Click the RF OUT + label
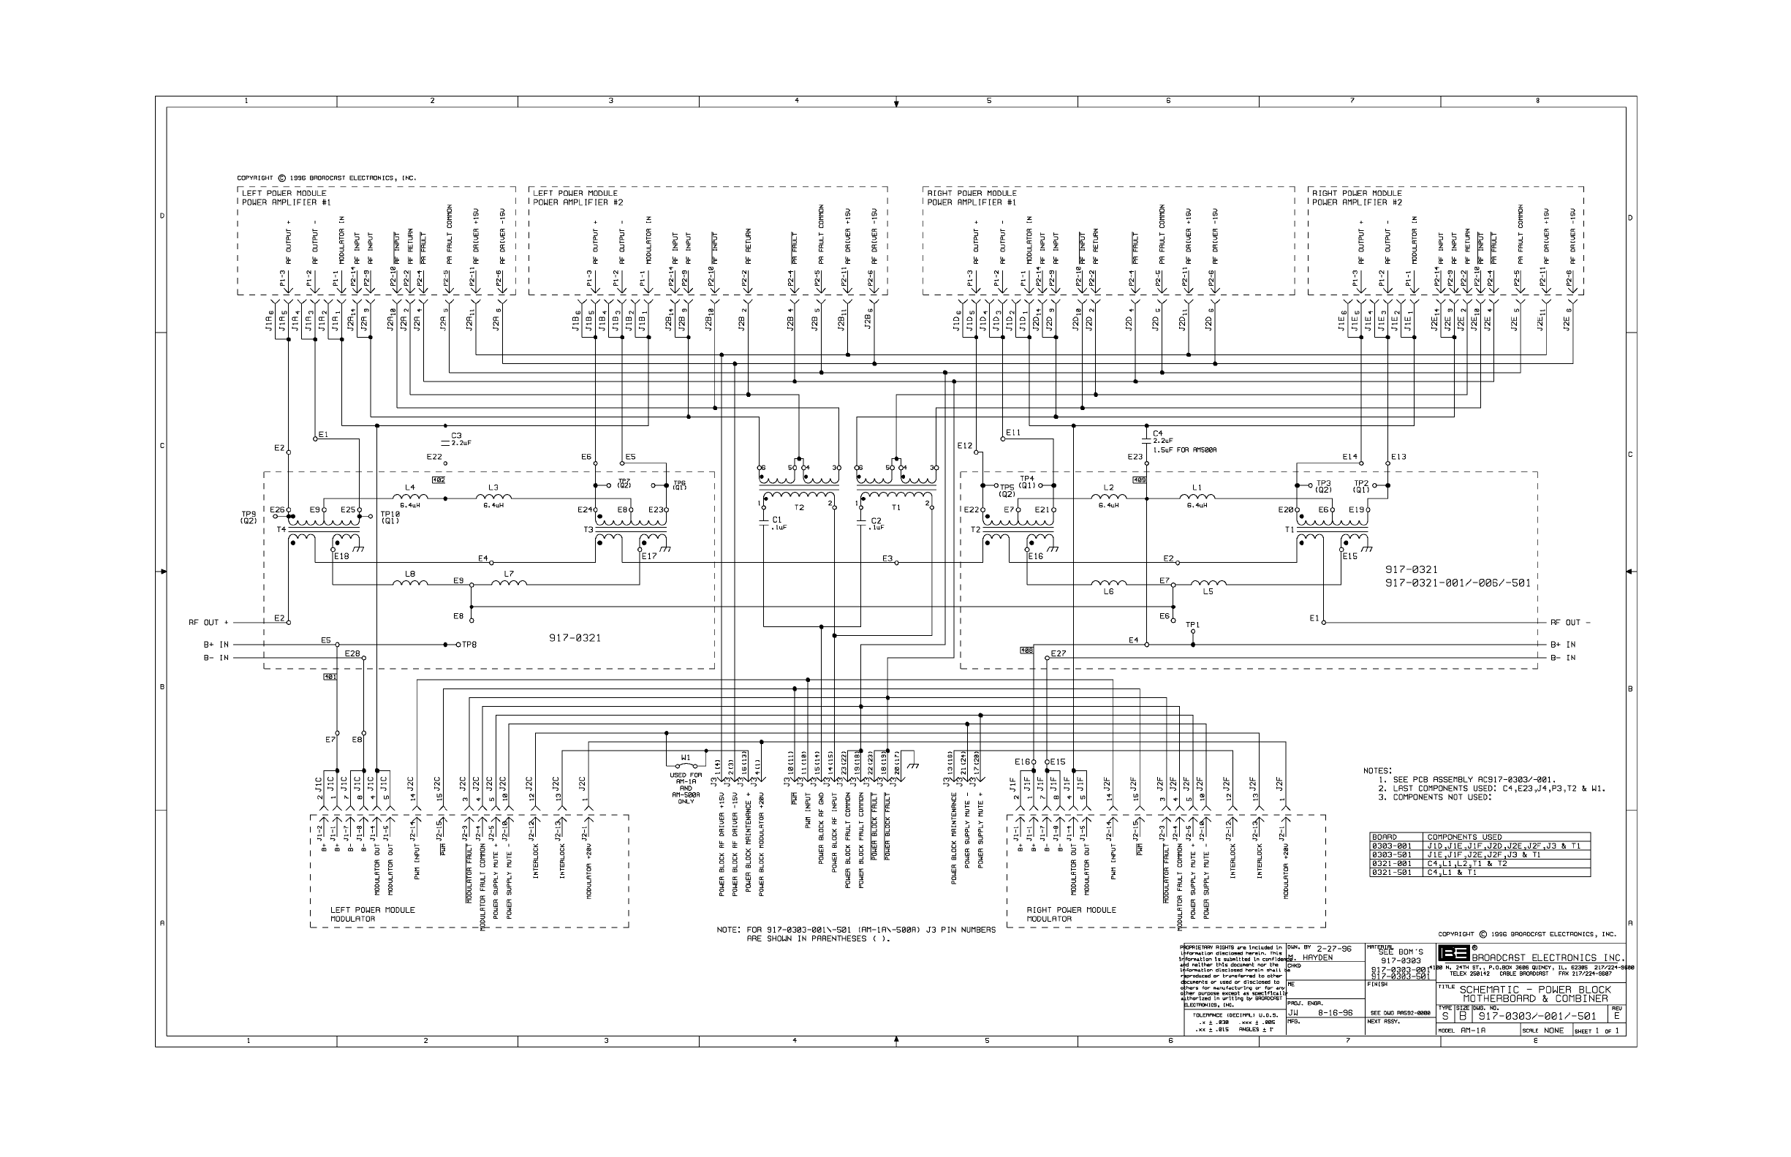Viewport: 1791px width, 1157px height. point(208,622)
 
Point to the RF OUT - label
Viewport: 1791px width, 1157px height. point(1570,622)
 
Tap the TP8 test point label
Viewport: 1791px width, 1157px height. point(469,645)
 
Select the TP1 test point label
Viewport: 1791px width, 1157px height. point(1192,624)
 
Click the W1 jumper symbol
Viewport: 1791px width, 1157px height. point(686,765)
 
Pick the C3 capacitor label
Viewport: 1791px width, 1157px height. point(456,435)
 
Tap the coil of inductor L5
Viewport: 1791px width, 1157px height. point(1208,583)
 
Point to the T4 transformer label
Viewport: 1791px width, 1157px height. point(281,529)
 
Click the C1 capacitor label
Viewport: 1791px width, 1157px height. point(777,519)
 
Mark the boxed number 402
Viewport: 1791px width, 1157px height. point(439,479)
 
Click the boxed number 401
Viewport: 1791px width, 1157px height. point(330,677)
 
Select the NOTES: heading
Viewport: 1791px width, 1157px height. point(1377,771)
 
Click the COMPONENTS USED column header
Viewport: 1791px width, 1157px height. point(1464,837)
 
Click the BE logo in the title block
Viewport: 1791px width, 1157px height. point(1454,953)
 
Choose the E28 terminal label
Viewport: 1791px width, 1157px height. point(352,653)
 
